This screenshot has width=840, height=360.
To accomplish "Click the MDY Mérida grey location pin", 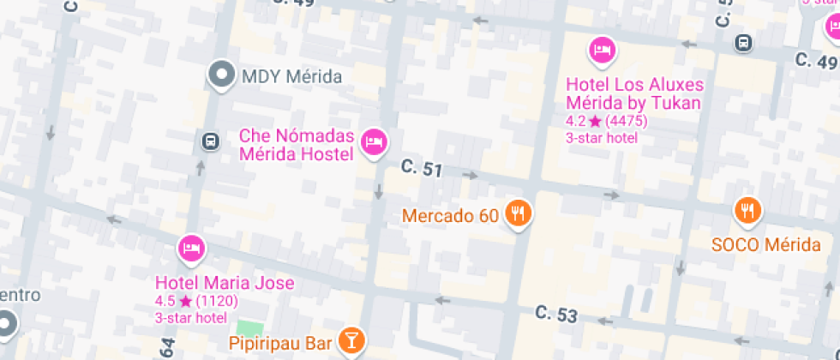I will click(223, 75).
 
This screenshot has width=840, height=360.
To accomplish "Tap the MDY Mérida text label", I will click(292, 76).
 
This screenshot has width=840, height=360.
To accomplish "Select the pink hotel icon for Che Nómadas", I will click(373, 141).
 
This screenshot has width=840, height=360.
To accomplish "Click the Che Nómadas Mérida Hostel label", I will click(296, 146).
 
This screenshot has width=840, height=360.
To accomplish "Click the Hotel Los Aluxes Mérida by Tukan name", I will click(634, 94).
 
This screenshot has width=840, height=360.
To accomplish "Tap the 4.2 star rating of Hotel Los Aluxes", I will click(606, 121).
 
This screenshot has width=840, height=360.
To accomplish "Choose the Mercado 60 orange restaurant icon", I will click(517, 213).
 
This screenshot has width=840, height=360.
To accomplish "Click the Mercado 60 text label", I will click(450, 216).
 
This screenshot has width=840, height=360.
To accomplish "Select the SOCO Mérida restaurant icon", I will click(748, 210).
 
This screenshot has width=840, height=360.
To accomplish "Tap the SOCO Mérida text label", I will click(766, 244).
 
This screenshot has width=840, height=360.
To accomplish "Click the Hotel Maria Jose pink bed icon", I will click(191, 249).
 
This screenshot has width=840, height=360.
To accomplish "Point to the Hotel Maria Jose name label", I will click(225, 283).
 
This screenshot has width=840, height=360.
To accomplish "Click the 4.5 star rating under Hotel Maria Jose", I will click(196, 301).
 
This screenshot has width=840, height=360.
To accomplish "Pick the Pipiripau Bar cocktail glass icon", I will click(351, 339).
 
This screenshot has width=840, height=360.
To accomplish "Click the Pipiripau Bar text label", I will click(280, 344).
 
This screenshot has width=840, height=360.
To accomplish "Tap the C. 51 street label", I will click(422, 169).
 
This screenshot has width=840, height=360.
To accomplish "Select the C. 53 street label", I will click(555, 315).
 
